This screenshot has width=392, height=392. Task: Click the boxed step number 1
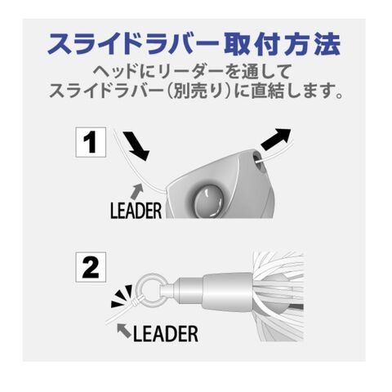91,142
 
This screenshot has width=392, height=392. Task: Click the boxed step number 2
91,267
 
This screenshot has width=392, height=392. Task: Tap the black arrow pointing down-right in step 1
136,146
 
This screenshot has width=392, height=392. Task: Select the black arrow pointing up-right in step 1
275,140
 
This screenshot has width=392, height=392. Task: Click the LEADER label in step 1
136,211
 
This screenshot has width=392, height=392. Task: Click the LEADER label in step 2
165,334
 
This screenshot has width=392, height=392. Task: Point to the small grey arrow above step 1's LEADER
137,191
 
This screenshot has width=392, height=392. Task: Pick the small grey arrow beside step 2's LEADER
124,331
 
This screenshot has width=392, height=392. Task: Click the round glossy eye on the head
209,201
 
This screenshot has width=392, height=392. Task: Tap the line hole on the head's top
256,162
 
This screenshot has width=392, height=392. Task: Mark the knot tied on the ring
138,301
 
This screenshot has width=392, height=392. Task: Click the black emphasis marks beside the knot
122,296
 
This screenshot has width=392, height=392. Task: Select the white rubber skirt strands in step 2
279,296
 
